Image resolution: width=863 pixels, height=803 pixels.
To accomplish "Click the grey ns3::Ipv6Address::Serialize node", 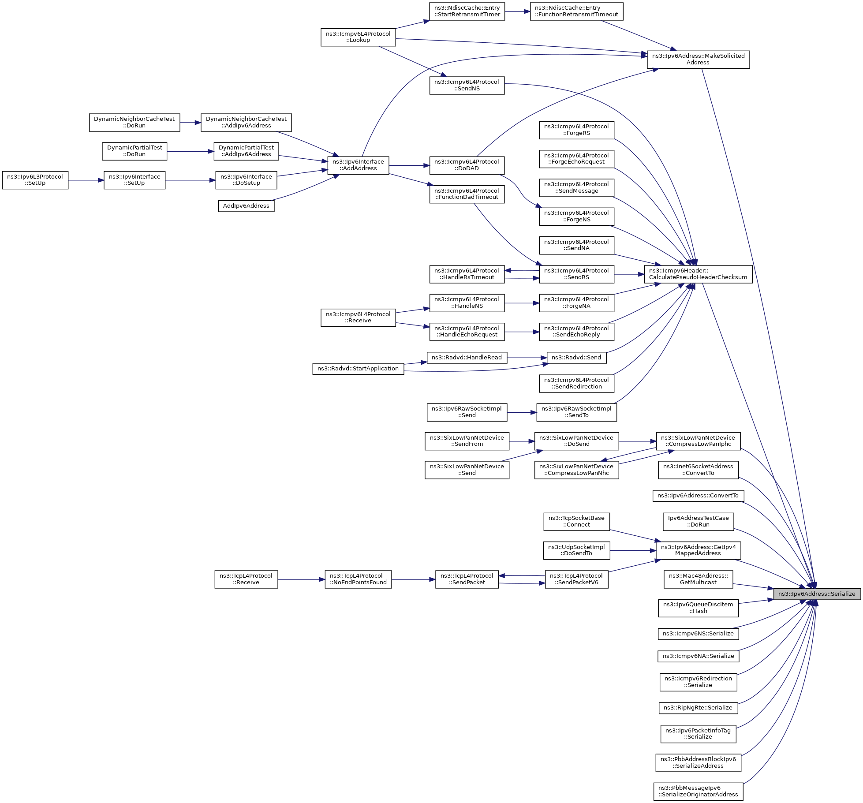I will pos(817,594).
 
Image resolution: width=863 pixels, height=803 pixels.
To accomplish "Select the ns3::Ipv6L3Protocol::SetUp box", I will pos(35,180).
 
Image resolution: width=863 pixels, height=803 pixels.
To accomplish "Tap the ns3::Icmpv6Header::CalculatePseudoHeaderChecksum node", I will pos(698,274).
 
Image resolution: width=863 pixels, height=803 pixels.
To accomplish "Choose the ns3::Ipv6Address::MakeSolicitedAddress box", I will pos(698,60).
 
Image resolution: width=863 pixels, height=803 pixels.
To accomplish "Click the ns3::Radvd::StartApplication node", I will pos(358,369).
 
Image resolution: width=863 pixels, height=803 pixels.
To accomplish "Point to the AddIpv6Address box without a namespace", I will pos(246,206).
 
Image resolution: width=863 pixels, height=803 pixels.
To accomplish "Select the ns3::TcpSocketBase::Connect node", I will pos(576,521).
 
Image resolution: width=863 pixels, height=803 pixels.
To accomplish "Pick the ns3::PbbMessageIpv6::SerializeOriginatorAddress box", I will pos(698,791).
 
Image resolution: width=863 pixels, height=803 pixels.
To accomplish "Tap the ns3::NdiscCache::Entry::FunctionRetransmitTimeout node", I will pos(576,11).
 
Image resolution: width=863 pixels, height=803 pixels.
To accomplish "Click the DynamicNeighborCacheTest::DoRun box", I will pos(134,123).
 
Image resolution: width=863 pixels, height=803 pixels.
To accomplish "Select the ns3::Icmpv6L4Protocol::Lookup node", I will pos(358,37).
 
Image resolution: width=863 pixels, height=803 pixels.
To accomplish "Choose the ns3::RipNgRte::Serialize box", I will pos(698,708).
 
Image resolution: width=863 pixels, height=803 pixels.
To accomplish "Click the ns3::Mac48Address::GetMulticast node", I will pos(698,579).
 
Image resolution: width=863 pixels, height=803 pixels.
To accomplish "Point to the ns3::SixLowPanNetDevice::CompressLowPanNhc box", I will pos(576,470).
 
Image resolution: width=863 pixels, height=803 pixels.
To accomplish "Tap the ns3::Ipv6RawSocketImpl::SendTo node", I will pos(576,412).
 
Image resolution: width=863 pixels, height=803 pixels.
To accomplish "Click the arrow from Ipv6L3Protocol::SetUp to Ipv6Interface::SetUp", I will pos(86,180).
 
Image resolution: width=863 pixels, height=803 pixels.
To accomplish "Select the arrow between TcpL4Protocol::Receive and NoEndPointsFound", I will pos(301,579).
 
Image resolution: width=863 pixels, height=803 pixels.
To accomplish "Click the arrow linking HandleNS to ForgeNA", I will pos(522,303).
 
